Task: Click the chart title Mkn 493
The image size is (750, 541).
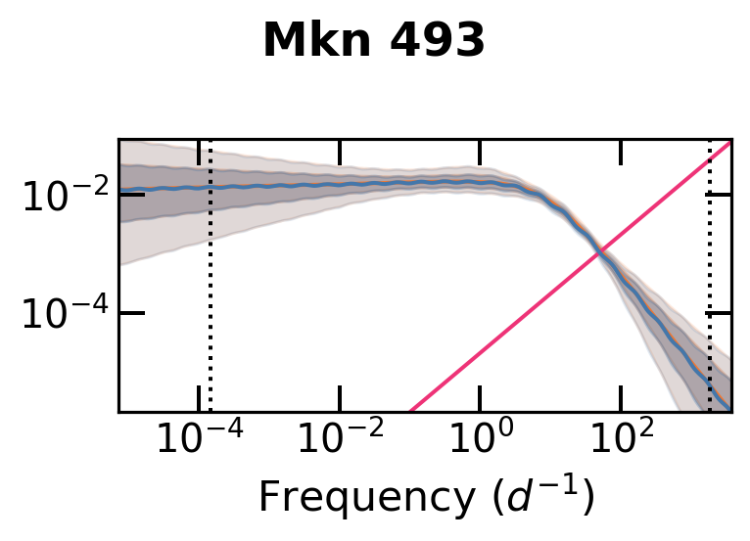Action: click(374, 41)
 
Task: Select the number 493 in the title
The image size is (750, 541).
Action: click(439, 41)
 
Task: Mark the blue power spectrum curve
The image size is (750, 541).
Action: click(294, 186)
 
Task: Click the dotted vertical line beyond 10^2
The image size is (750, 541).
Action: click(710, 293)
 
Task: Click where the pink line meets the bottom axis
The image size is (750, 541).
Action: click(410, 410)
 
